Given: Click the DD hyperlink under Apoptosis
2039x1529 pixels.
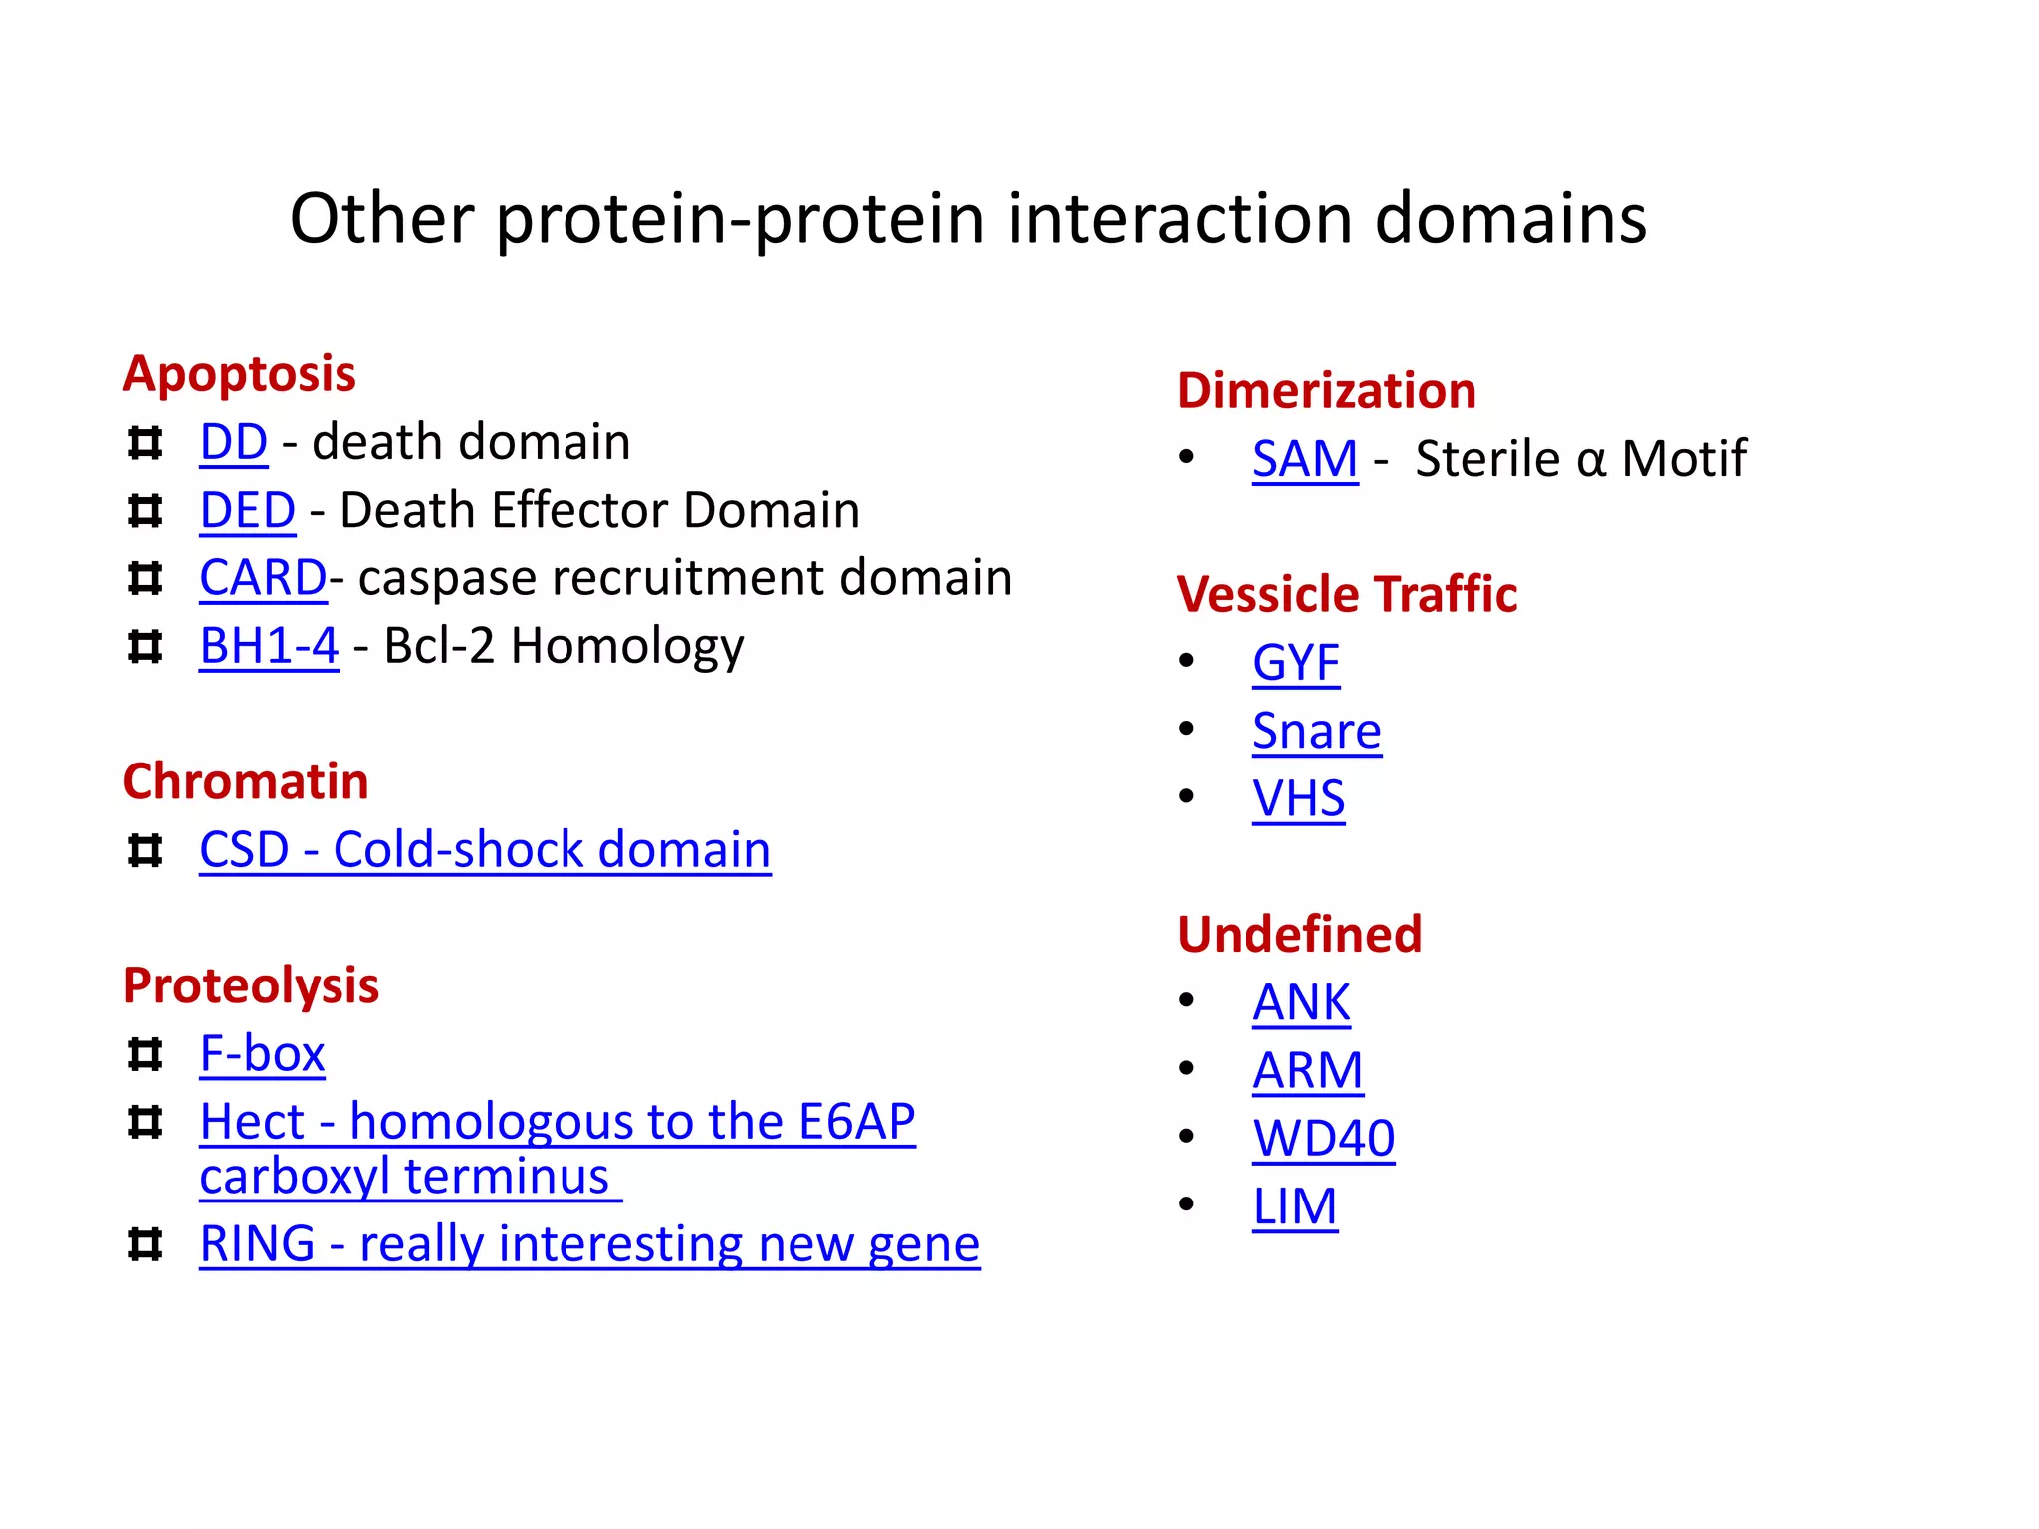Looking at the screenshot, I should coord(233,442).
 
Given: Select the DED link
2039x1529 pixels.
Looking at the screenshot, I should coord(247,511).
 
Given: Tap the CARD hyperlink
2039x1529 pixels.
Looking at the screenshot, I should coord(263,578).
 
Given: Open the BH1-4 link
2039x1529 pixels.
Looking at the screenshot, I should coord(269,646).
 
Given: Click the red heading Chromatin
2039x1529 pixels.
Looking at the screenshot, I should coord(245,781).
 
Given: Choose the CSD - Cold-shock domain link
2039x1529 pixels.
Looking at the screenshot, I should coord(485,850).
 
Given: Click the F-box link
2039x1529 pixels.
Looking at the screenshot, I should coord(262,1054).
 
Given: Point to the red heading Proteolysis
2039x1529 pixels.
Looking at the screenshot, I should coord(251,985).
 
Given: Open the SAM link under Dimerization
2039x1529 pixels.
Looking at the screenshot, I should coord(1304,459).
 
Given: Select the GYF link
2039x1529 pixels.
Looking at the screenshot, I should coord(1295,663).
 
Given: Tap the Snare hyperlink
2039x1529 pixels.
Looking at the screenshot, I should coord(1316,732).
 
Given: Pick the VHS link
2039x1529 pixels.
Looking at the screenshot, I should coord(1298,799).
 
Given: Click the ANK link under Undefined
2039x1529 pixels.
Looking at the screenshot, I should coord(1301,1003).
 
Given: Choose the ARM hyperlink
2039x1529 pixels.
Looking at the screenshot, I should coord(1307,1071).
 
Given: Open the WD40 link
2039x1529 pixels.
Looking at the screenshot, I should coord(1323,1139).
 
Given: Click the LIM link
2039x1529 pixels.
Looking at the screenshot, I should coord(1294,1207).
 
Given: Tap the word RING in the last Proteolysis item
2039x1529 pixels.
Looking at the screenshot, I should coord(257,1244).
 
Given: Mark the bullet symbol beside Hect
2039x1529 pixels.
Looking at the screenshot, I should coord(145,1123).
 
